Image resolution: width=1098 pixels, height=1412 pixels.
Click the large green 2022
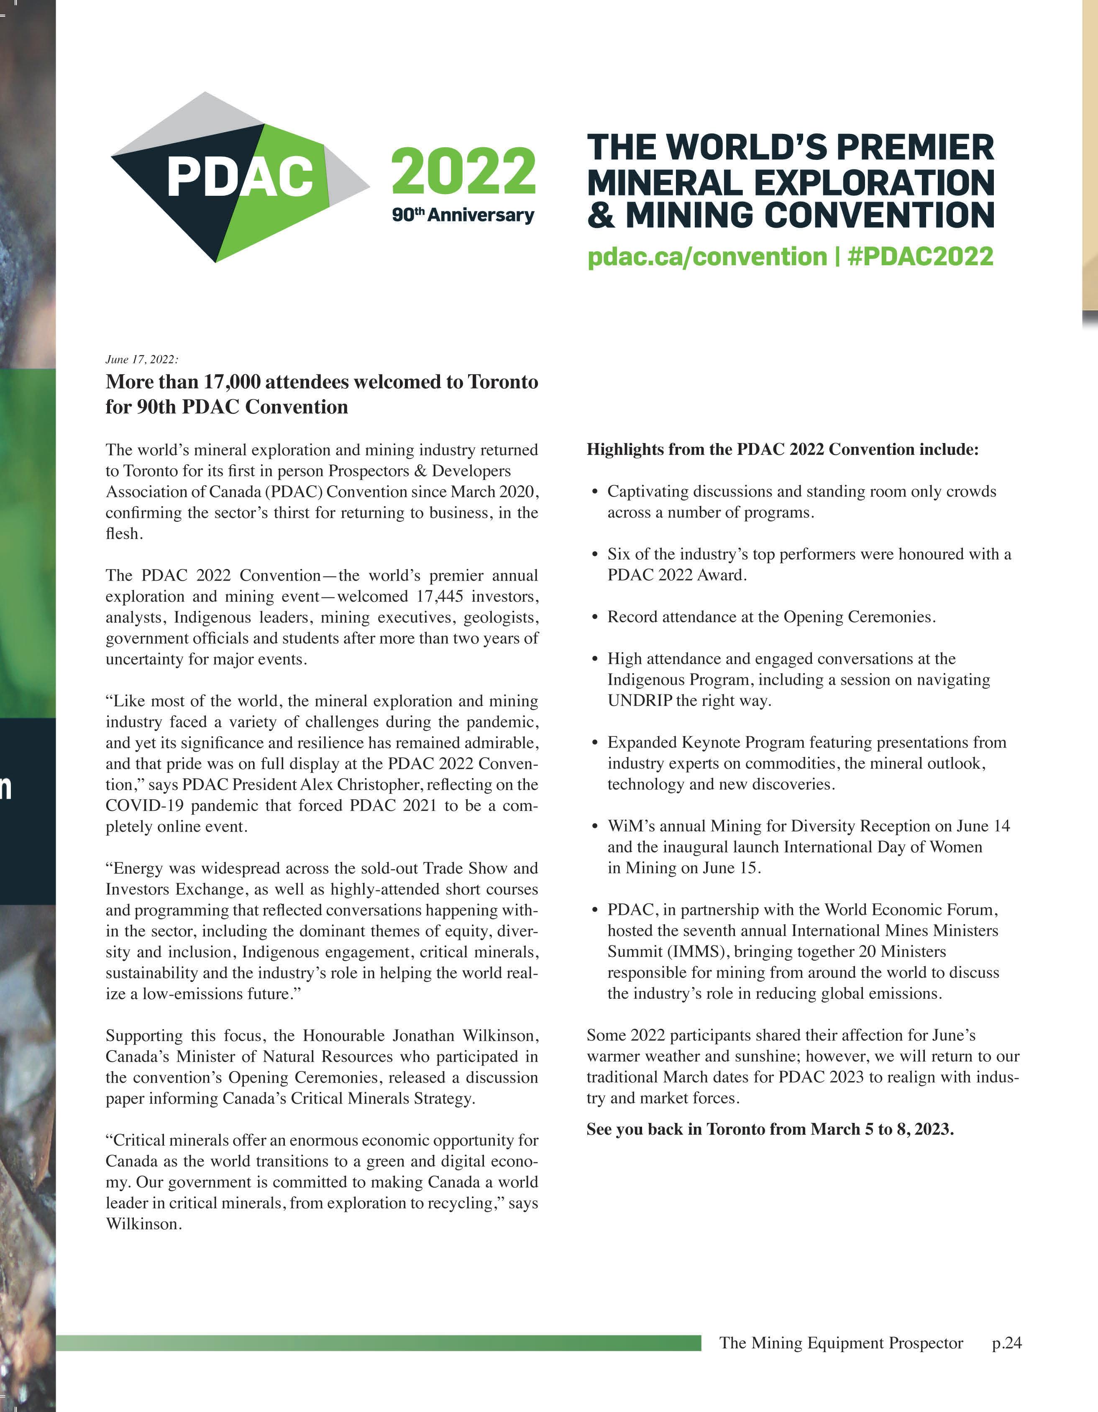click(463, 171)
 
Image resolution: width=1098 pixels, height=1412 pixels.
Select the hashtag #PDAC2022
click(920, 256)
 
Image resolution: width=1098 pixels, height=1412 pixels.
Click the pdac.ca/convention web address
click(707, 256)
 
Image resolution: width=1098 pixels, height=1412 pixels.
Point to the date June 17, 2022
click(141, 359)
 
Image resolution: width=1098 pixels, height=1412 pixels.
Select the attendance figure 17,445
click(441, 596)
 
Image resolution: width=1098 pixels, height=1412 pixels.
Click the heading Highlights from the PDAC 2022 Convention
click(782, 449)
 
